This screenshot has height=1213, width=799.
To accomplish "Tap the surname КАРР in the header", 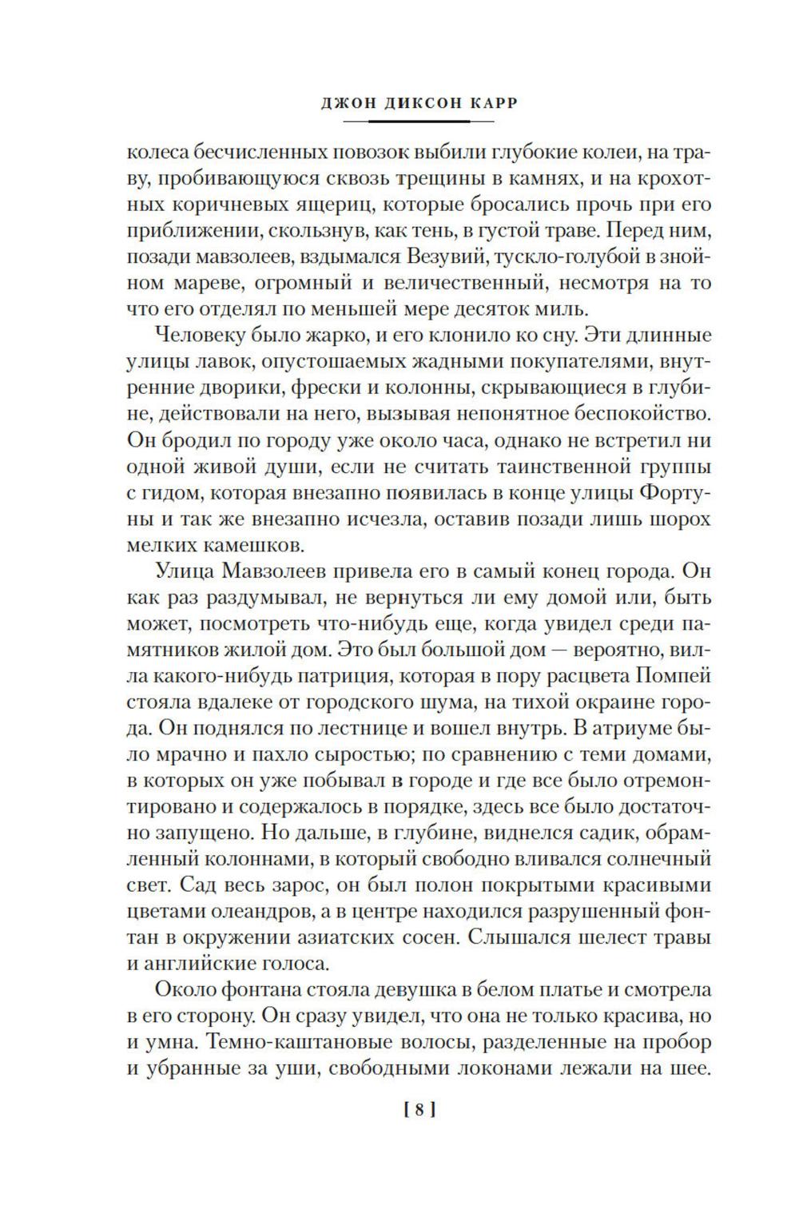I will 470,102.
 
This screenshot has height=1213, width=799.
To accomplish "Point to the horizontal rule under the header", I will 418,121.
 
